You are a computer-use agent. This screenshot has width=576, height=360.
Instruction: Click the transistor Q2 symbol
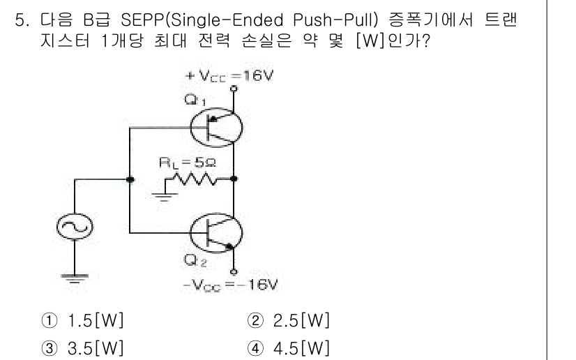(215, 234)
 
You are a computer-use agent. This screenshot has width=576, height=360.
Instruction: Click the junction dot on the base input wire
(130, 180)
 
